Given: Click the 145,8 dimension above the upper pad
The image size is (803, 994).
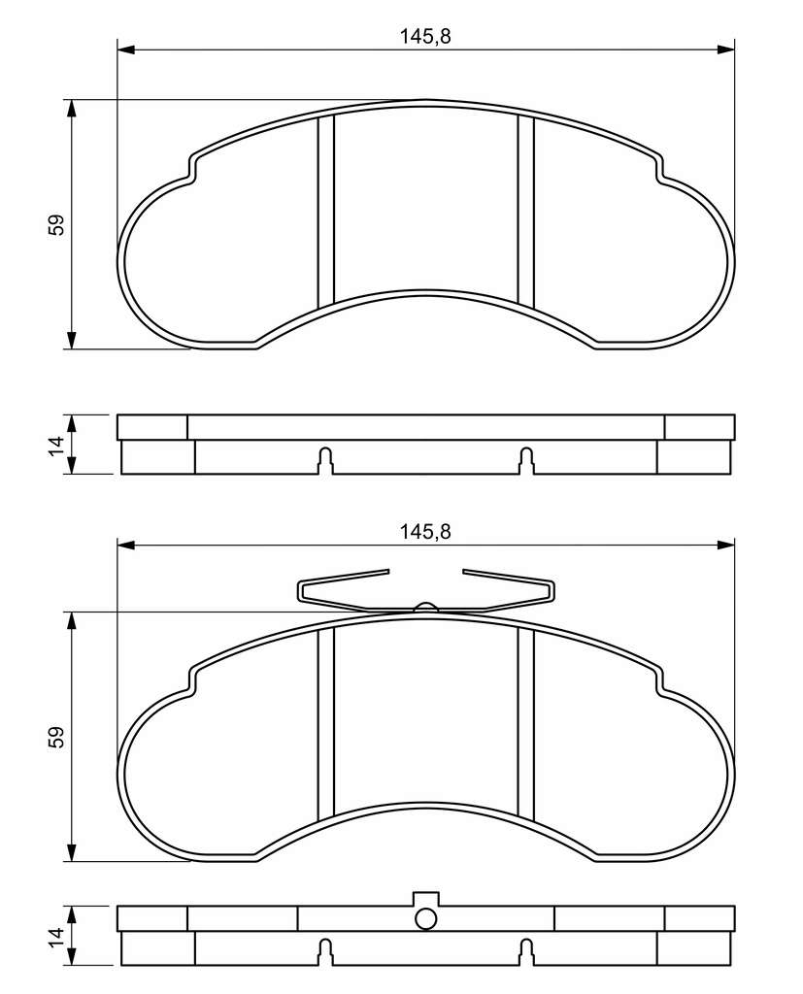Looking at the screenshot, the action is pyautogui.click(x=425, y=36).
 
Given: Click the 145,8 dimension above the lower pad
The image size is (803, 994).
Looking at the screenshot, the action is pyautogui.click(x=425, y=531).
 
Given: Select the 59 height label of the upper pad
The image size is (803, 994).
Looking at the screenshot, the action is pyautogui.click(x=56, y=225).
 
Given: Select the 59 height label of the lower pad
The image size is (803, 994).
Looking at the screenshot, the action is pyautogui.click(x=56, y=738).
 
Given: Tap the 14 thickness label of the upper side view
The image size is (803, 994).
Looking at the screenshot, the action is pyautogui.click(x=56, y=445).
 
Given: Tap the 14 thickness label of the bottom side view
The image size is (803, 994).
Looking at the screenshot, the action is pyautogui.click(x=56, y=936).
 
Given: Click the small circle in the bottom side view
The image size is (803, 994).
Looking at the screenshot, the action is pyautogui.click(x=425, y=918).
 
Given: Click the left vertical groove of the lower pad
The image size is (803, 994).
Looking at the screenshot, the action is pyautogui.click(x=325, y=723).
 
